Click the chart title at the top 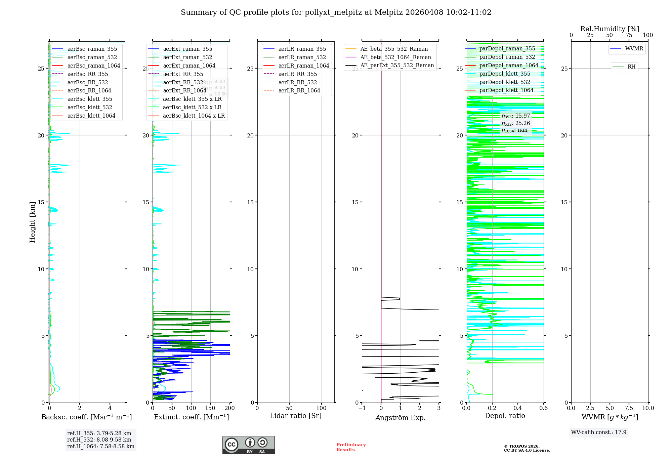click(x=336, y=12)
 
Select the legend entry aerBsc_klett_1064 click(x=91, y=116)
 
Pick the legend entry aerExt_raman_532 click(x=187, y=57)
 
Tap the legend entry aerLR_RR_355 click(x=297, y=74)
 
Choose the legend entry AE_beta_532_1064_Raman click(x=395, y=57)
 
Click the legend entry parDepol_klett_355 click(x=505, y=74)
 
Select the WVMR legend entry click(x=634, y=49)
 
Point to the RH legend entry click(x=631, y=67)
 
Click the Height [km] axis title click(x=32, y=222)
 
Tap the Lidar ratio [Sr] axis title click(x=296, y=416)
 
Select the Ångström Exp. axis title click(x=401, y=417)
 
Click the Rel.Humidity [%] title click(x=610, y=29)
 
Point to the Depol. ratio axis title click(x=505, y=416)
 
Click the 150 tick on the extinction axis click(x=210, y=408)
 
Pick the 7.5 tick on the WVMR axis click(x=629, y=408)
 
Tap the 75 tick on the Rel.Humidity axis click(x=629, y=35)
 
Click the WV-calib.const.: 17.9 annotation click(x=599, y=432)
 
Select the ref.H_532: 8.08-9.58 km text click(x=99, y=440)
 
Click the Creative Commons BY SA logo click(x=248, y=445)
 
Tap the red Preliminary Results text click(x=351, y=447)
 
